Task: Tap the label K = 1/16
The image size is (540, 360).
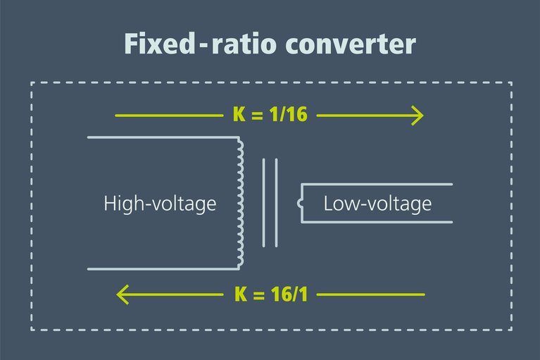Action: [270, 115]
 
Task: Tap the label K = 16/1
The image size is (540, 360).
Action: [270, 294]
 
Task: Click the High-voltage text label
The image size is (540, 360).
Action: [160, 204]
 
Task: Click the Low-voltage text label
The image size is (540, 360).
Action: [377, 204]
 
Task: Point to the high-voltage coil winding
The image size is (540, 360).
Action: [240, 203]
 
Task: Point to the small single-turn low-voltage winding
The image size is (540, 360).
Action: [301, 204]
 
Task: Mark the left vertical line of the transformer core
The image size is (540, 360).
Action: [264, 203]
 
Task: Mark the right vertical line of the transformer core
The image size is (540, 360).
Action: [277, 203]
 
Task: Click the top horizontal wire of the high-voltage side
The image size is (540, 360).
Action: [162, 137]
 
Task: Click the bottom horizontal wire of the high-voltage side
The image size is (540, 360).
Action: [162, 269]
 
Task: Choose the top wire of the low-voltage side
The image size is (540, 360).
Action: [377, 185]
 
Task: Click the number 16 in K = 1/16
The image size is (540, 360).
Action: [296, 115]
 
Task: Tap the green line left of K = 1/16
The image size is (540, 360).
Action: [169, 115]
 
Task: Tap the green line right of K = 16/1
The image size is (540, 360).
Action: [371, 294]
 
